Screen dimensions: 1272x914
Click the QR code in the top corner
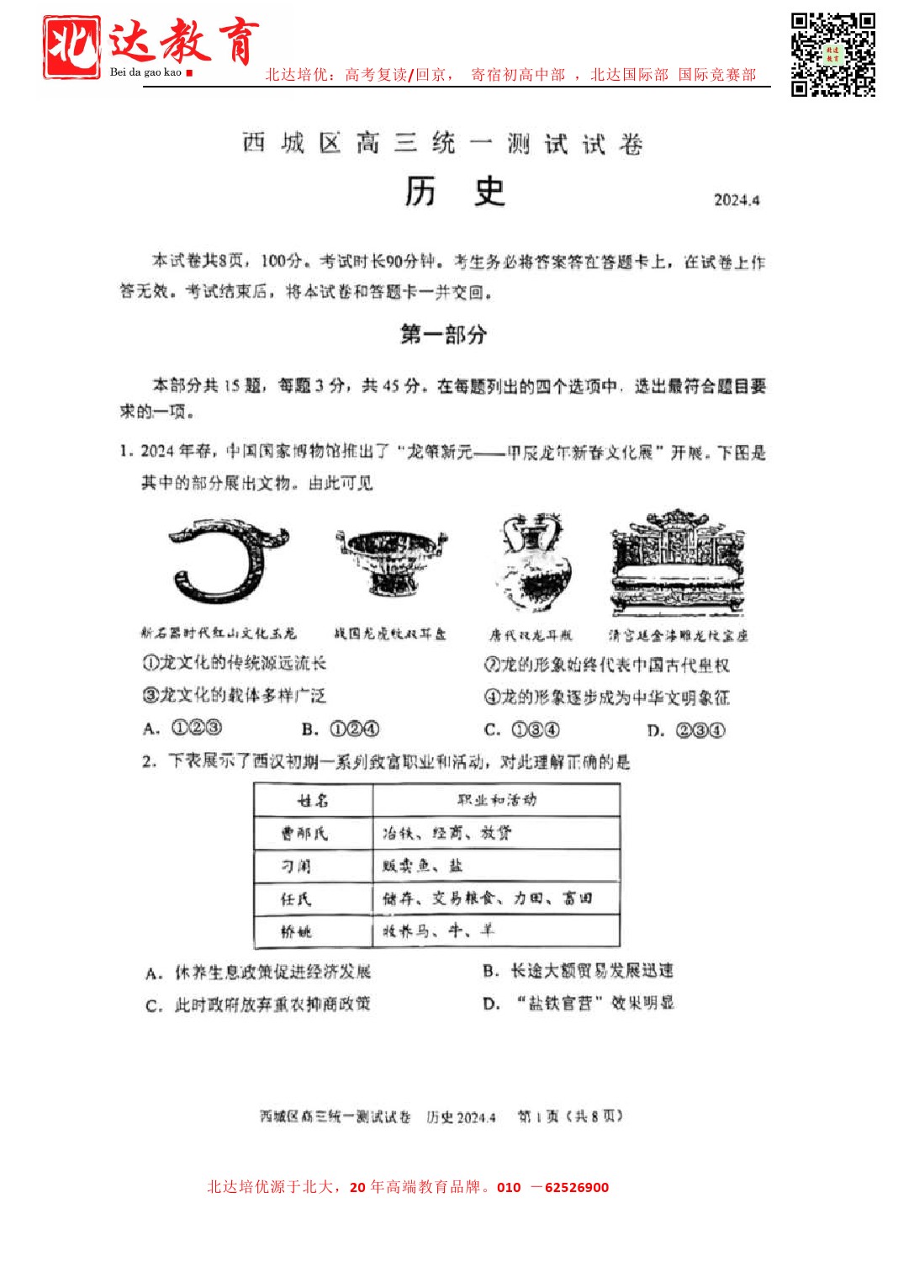tap(832, 55)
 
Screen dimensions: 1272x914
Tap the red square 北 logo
tap(71, 48)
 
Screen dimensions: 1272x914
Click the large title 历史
tap(454, 192)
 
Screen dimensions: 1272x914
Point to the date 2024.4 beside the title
tap(737, 200)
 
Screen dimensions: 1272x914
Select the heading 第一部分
tap(443, 335)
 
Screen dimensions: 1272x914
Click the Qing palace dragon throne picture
tap(678, 563)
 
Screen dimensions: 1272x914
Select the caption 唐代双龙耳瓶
tap(531, 635)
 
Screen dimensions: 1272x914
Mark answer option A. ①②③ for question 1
tap(182, 729)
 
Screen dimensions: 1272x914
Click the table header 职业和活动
tap(496, 800)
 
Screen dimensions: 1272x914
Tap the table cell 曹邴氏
tap(304, 834)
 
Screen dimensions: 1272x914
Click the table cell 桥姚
tap(296, 931)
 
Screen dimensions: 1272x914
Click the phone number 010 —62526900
tap(552, 1187)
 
